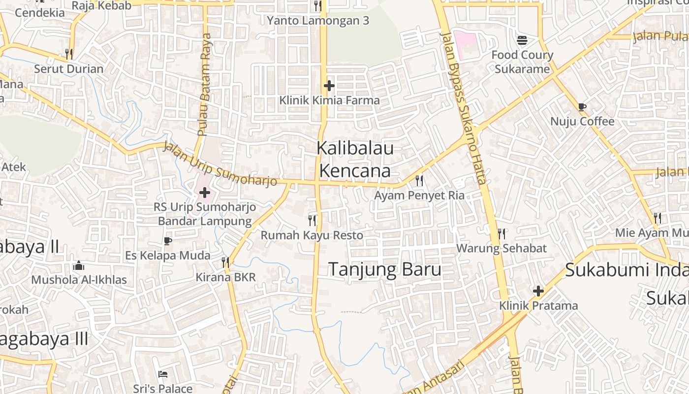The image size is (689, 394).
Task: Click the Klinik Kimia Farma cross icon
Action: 329,86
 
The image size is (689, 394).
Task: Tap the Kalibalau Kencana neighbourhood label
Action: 355,159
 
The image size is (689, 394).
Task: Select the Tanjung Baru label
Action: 384,270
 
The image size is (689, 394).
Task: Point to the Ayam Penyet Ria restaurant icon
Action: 419,181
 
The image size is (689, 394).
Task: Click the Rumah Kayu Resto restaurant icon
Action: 312,220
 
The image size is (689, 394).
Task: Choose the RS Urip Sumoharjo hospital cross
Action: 205,193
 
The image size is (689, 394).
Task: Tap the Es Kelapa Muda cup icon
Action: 168,241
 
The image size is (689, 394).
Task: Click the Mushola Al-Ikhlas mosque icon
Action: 79,266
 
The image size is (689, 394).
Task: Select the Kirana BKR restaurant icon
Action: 225,262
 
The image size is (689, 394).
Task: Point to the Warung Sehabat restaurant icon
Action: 501,233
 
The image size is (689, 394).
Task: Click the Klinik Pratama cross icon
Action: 538,291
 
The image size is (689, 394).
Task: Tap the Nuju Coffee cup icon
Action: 582,107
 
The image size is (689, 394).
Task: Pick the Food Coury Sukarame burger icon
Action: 522,40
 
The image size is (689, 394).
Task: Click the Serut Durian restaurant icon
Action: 69,54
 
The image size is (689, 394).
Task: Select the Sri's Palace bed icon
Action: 163,374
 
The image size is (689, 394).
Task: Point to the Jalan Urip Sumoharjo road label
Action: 220,164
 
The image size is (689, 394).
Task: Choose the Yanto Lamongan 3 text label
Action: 318,21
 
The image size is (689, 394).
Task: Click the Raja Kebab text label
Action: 101,6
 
